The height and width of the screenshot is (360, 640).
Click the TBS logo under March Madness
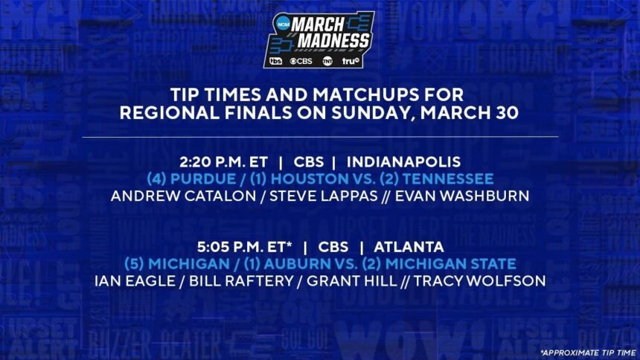tap(276, 61)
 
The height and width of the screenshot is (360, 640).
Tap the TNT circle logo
tap(327, 61)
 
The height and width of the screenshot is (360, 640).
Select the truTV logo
tap(351, 61)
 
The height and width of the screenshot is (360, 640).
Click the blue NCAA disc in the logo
tap(283, 24)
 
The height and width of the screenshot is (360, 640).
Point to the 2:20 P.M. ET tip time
tap(224, 162)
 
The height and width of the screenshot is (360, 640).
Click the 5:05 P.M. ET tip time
tap(245, 247)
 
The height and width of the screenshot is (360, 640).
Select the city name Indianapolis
tap(403, 162)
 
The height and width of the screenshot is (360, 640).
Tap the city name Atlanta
tap(409, 247)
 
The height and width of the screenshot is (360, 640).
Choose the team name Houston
tap(310, 179)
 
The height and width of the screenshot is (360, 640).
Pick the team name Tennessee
tap(447, 179)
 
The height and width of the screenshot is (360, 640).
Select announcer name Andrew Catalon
tap(183, 196)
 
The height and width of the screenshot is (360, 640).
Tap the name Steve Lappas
tap(324, 196)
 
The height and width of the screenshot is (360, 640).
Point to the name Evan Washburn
tap(462, 196)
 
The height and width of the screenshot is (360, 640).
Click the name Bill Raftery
tap(242, 281)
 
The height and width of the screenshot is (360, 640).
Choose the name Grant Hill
tap(352, 281)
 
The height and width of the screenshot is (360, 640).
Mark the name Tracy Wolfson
tap(480, 281)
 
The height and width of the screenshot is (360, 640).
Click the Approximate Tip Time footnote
tap(588, 353)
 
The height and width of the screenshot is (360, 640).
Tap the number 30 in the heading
tap(506, 113)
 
